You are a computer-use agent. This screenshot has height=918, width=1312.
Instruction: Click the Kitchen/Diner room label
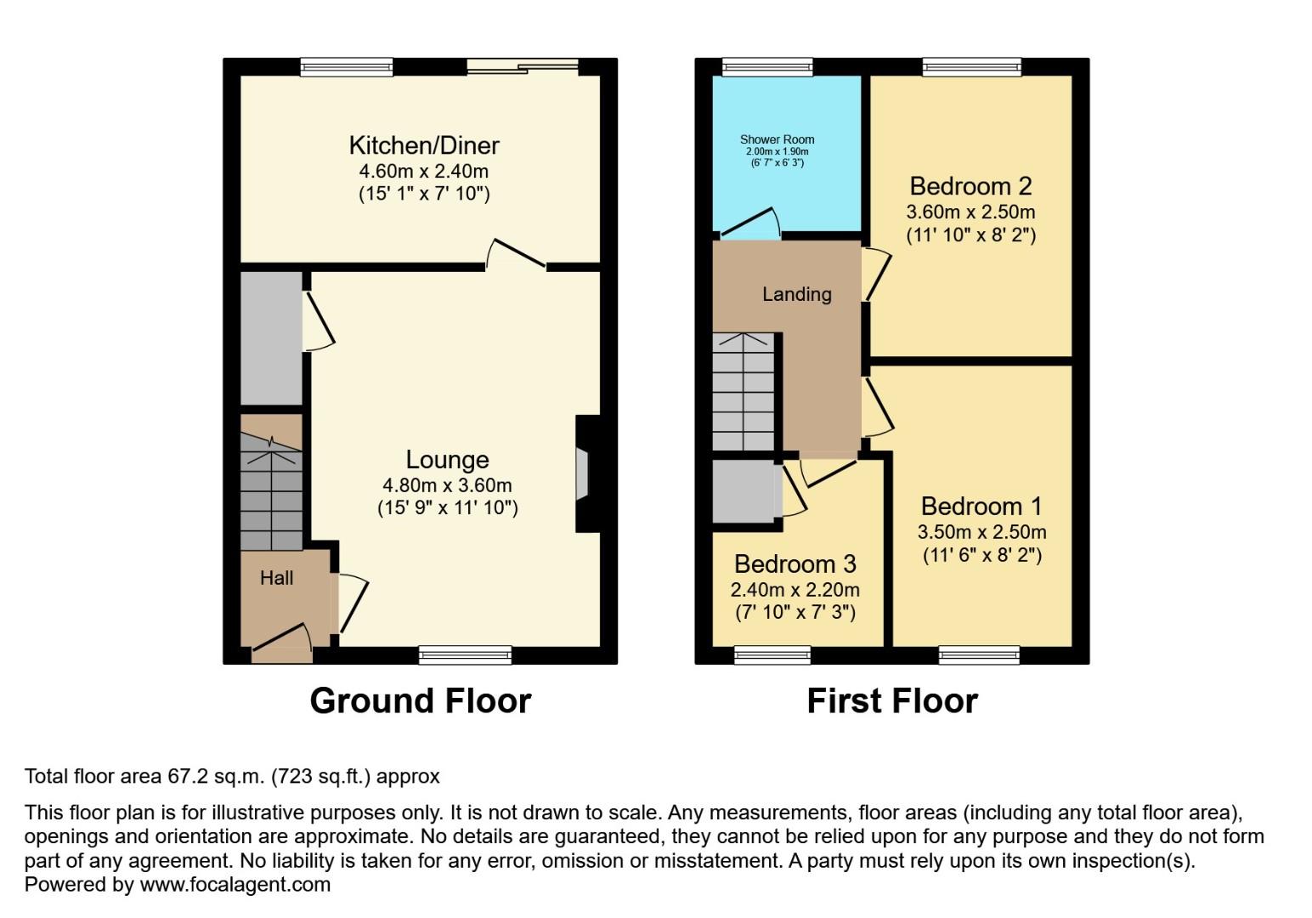point(423,145)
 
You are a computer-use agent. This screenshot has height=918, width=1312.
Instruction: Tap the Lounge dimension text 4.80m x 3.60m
point(447,485)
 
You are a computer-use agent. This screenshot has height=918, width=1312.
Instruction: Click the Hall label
point(276,578)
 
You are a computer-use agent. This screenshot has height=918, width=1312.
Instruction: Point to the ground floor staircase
point(271,493)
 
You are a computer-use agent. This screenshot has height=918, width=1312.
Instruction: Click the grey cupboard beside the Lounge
point(271,338)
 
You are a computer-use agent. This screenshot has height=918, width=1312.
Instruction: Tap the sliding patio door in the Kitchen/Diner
point(523,67)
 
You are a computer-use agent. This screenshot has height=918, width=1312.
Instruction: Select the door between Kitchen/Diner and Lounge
point(516,255)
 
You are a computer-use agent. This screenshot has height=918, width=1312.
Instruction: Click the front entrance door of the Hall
point(282,642)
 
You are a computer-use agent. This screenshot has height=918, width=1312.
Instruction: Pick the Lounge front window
point(465,654)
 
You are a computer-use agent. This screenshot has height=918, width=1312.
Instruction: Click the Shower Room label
point(777,139)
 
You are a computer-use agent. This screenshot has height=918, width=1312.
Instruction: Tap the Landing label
point(796,294)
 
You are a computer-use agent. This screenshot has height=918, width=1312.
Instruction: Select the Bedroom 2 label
point(970,186)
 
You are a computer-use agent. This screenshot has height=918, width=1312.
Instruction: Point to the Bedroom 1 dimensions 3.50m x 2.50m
point(981,532)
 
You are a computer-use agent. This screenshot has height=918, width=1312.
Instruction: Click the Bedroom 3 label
point(795,564)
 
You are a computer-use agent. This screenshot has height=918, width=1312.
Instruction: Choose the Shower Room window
point(767,67)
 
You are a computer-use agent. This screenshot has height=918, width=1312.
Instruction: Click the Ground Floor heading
point(421,701)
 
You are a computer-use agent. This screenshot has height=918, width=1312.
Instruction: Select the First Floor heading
point(891,701)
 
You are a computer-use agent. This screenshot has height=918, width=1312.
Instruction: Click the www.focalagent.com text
point(235,885)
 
